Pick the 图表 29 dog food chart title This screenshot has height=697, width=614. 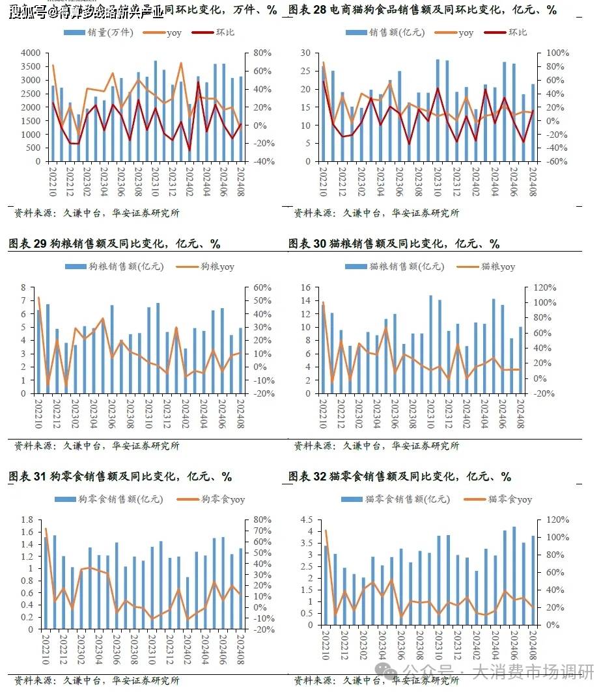(115, 244)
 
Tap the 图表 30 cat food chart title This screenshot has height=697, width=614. (394, 244)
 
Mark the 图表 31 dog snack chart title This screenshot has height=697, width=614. (120, 477)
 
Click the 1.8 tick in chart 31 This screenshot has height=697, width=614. (27, 520)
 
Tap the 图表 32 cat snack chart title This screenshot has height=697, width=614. (400, 477)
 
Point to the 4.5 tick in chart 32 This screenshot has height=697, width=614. (306, 520)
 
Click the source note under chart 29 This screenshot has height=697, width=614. (97, 446)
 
